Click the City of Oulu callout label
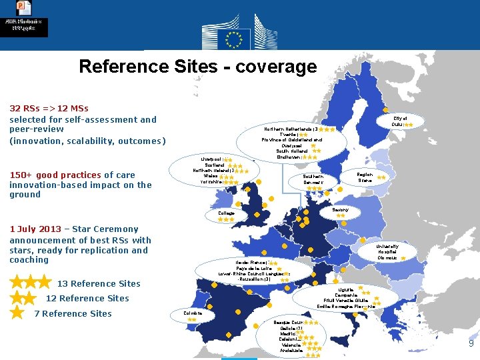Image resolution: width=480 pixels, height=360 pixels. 399,121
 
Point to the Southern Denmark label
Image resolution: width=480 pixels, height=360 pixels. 309,179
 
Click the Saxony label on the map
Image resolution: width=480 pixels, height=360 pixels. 341,210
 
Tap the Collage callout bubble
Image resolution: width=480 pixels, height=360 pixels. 227,214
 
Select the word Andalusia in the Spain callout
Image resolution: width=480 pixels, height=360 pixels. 291,350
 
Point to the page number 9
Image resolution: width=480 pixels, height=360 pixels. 471,344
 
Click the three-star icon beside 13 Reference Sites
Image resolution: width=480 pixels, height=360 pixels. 30,283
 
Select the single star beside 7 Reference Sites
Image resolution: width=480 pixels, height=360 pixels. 17,313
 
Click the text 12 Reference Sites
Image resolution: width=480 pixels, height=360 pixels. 87,298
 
